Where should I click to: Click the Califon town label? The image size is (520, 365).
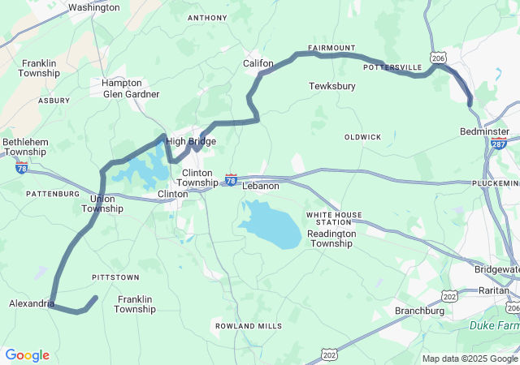(x=258, y=63)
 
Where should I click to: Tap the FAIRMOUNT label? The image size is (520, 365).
(x=331, y=48)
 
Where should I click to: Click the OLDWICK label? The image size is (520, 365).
(x=362, y=137)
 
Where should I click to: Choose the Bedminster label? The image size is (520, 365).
(x=484, y=131)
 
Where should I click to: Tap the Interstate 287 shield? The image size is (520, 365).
(x=499, y=144)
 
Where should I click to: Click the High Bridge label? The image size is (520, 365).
(x=191, y=142)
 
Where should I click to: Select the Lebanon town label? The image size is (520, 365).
(x=260, y=186)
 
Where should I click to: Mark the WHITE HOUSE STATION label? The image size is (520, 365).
(x=334, y=218)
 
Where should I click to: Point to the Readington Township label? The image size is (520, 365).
(x=331, y=238)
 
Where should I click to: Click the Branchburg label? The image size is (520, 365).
(x=419, y=311)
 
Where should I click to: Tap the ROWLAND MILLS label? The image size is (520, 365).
(x=249, y=326)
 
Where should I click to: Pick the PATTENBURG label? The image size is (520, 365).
(x=53, y=194)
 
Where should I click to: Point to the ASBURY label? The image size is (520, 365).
(x=54, y=101)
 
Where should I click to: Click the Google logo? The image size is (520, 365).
(x=27, y=355)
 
